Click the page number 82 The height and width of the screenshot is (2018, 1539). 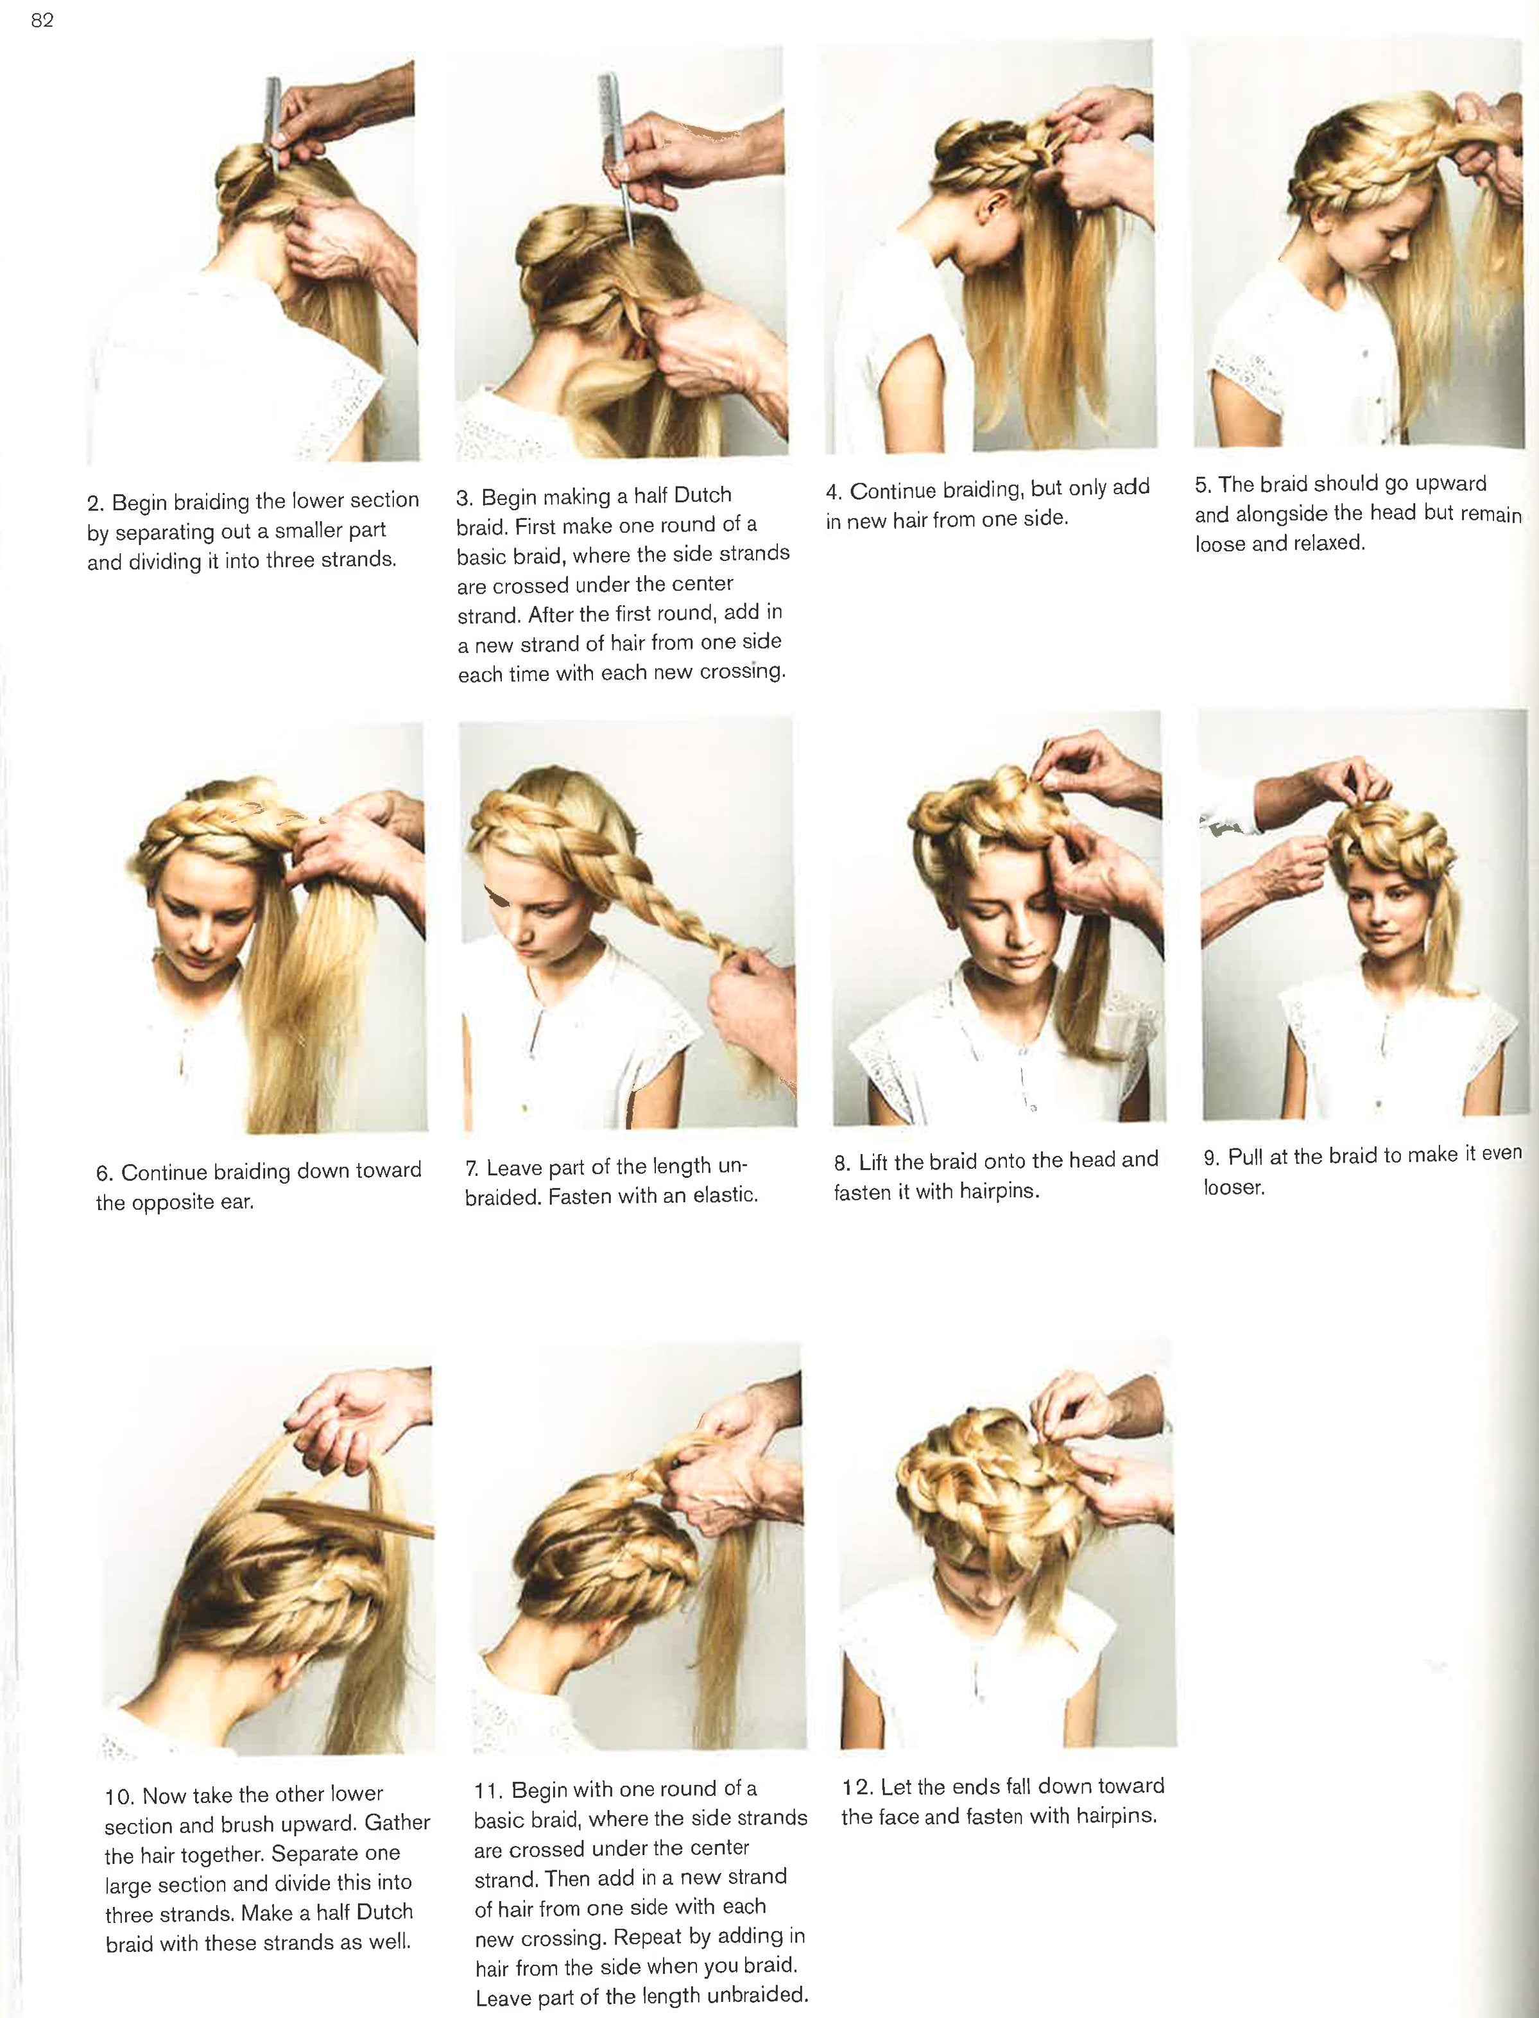(x=42, y=20)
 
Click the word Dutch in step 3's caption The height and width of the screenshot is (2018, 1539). (x=703, y=496)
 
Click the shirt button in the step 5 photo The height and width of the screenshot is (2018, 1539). (x=1365, y=352)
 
